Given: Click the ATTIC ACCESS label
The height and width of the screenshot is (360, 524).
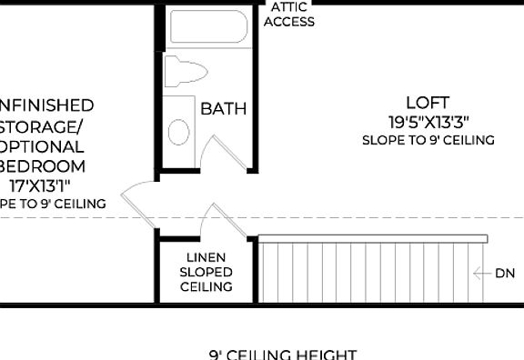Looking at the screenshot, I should pos(289,14).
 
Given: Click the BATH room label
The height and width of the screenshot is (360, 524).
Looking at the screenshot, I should pos(223,109).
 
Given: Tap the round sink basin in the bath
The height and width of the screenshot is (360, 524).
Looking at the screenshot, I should pos(180,132).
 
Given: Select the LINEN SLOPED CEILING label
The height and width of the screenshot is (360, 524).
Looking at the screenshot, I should pos(206,272).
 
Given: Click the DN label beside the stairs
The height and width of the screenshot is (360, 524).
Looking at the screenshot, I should pos(504,273).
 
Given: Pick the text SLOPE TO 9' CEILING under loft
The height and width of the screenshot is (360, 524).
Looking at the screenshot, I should pos(428,140).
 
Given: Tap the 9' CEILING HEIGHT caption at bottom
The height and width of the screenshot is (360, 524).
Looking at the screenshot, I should pos(282,354).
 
